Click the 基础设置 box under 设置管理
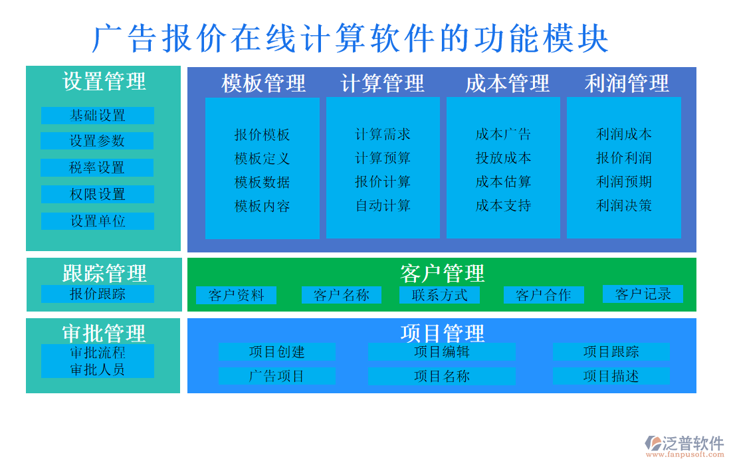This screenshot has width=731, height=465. click(98, 116)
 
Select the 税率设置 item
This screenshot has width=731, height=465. click(98, 168)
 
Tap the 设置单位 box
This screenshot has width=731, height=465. click(98, 221)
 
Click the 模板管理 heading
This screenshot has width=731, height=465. click(263, 84)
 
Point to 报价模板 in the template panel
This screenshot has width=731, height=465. click(262, 135)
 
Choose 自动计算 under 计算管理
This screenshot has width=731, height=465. click(383, 205)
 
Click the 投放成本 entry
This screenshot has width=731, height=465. click(503, 158)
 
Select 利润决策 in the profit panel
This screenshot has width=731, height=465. click(623, 205)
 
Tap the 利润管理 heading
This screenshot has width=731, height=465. click(626, 84)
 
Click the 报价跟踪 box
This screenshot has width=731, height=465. click(98, 294)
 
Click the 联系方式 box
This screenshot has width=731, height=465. click(439, 295)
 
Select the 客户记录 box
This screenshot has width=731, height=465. click(643, 294)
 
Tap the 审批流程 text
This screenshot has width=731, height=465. click(98, 353)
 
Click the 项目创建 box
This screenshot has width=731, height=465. click(277, 352)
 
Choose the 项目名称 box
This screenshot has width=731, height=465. click(441, 376)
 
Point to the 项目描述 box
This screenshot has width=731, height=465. click(611, 376)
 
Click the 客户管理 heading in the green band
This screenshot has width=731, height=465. click(442, 273)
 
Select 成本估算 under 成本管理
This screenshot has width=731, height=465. click(503, 182)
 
